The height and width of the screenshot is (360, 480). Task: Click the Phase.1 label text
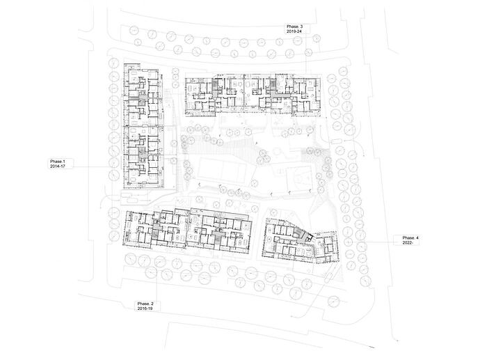tap(58, 161)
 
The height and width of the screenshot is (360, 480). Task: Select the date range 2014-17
tap(58, 166)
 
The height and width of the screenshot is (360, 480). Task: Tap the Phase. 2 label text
tap(145, 304)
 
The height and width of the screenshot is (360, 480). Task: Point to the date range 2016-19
tap(145, 308)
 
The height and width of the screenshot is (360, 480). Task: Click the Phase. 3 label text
tap(294, 26)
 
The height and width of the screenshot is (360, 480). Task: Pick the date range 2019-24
tap(294, 31)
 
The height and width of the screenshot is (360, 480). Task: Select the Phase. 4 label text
tap(410, 237)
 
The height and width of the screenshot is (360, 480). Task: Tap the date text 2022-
tap(408, 242)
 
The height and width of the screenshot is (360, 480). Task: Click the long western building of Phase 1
tap(143, 125)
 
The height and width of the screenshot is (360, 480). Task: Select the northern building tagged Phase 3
tap(253, 95)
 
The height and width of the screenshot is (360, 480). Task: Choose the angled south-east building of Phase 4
tap(301, 240)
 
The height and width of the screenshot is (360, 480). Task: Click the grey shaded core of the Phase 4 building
tap(302, 235)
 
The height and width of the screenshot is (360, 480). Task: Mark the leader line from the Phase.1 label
tap(93, 166)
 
